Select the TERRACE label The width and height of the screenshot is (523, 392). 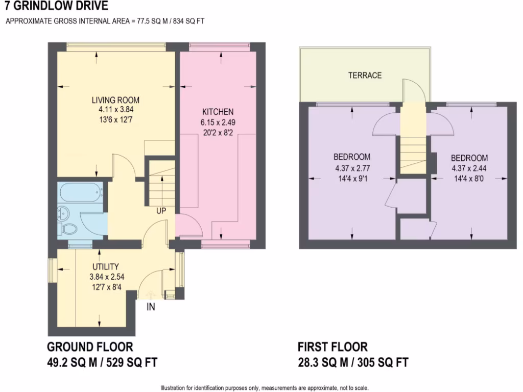point(365,76)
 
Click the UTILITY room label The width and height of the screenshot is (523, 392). point(106,266)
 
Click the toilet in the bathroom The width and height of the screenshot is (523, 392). point(67,227)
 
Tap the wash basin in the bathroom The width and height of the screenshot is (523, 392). point(64,211)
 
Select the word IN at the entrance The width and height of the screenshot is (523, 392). point(151,307)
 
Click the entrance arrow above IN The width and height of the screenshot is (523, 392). point(151,295)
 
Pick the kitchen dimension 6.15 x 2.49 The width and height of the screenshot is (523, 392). point(218,122)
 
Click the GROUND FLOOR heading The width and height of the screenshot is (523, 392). point(90,347)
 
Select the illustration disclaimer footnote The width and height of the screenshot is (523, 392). point(265,387)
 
